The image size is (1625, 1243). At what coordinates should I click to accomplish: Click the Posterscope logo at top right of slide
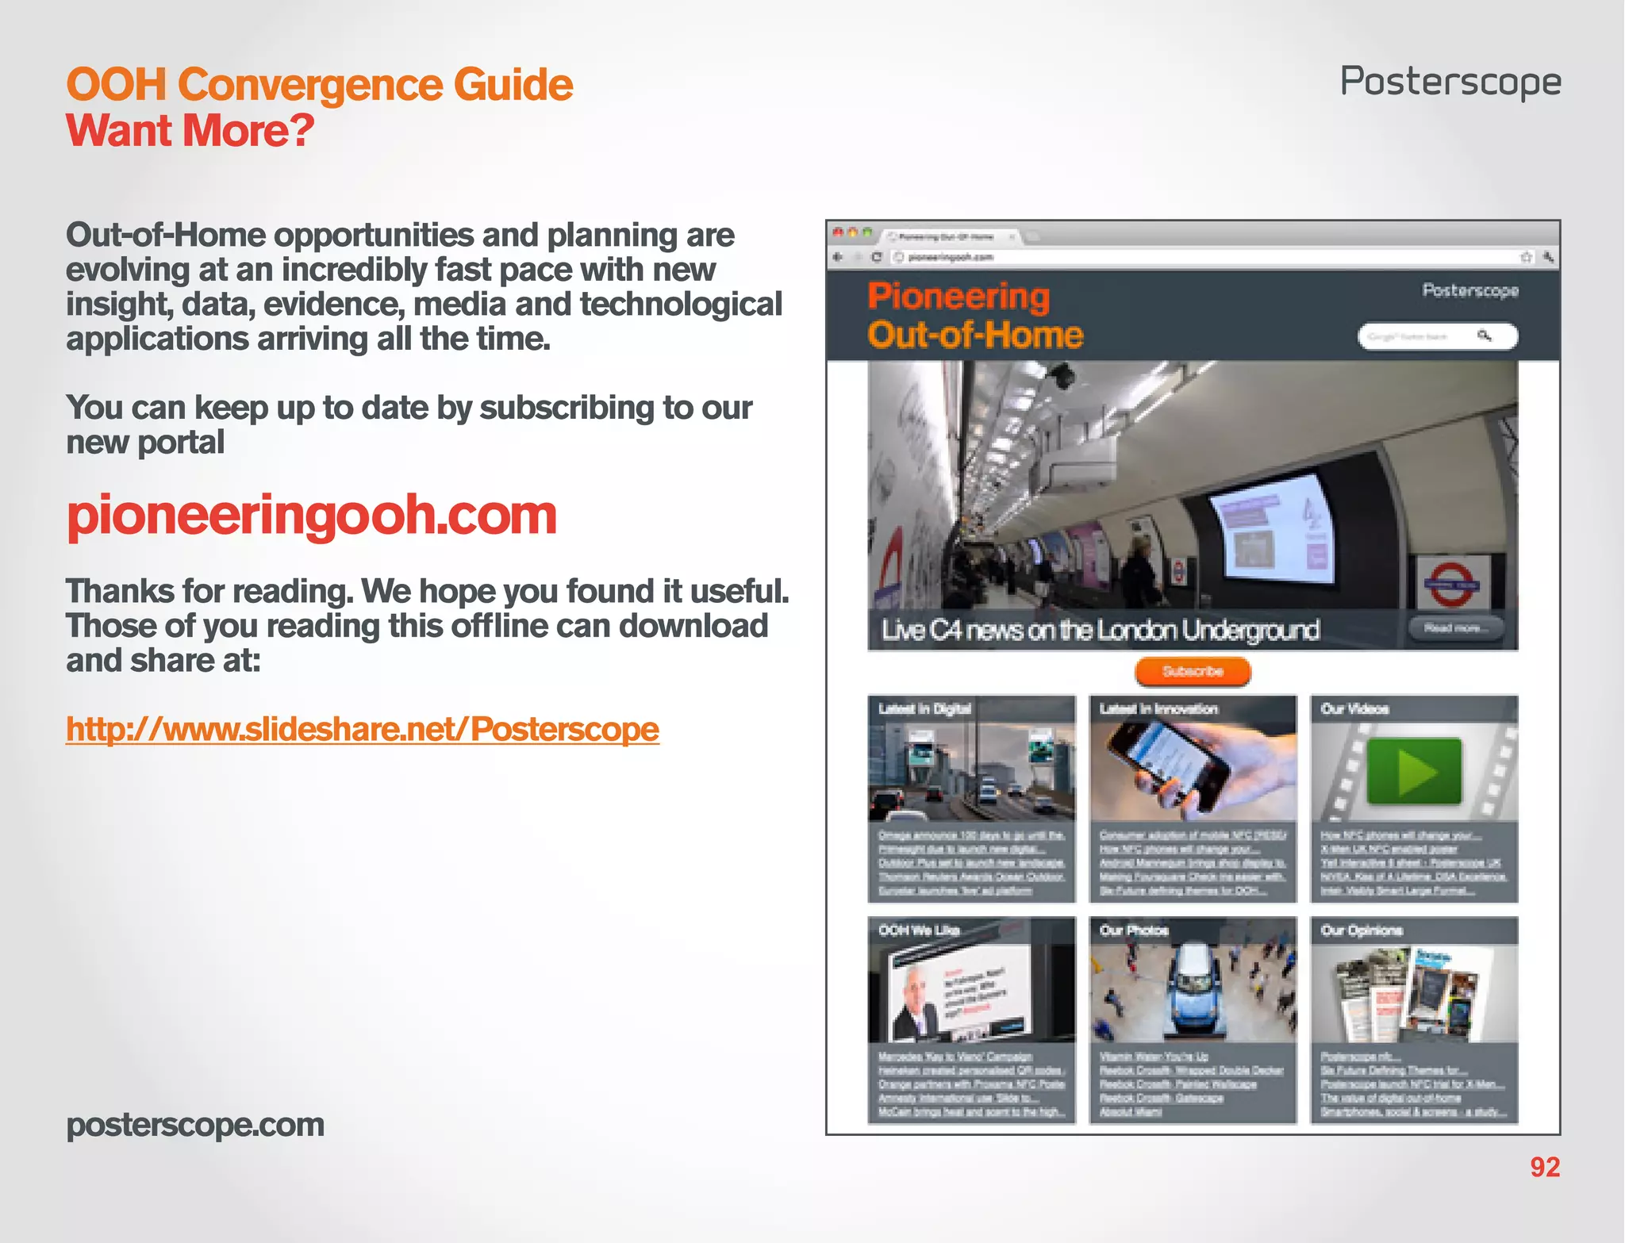(1450, 82)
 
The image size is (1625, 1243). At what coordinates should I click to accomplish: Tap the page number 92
(1544, 1167)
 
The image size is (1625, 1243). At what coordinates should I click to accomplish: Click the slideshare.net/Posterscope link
(363, 729)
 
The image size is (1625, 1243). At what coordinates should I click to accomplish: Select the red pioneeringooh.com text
(312, 515)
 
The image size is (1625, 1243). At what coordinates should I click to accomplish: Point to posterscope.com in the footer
(195, 1125)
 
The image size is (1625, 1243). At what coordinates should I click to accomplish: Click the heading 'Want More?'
(190, 131)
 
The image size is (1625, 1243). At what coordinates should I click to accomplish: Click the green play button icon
(1414, 771)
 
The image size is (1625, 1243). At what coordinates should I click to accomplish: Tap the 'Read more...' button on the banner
(1456, 628)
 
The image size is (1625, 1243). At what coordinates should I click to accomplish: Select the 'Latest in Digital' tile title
(924, 709)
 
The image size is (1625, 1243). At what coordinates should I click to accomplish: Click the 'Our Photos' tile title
(1134, 930)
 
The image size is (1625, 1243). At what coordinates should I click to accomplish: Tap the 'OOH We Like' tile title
(919, 930)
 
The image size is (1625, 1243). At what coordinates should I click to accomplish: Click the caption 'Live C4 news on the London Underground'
(1100, 630)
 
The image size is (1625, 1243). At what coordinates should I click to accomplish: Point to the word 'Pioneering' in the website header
(958, 296)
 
